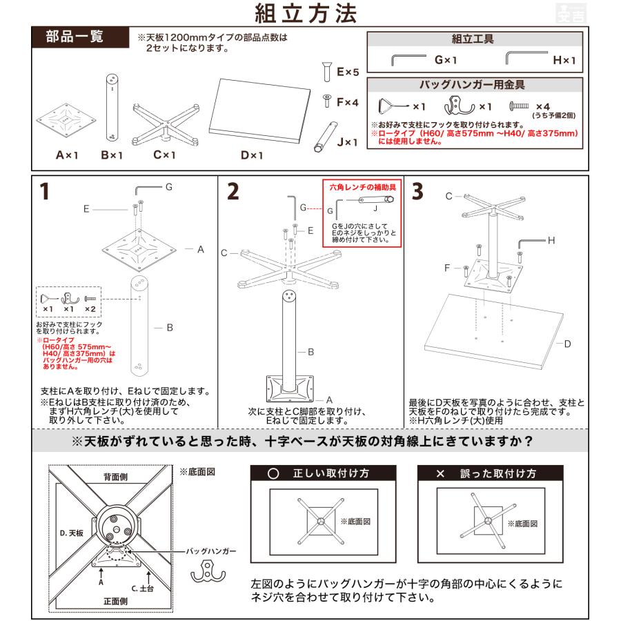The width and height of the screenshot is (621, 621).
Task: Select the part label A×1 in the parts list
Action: point(67,155)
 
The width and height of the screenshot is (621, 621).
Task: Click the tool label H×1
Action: point(564,60)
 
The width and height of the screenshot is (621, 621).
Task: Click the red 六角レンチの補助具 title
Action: point(359,186)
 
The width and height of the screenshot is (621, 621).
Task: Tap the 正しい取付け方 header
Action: point(322,474)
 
